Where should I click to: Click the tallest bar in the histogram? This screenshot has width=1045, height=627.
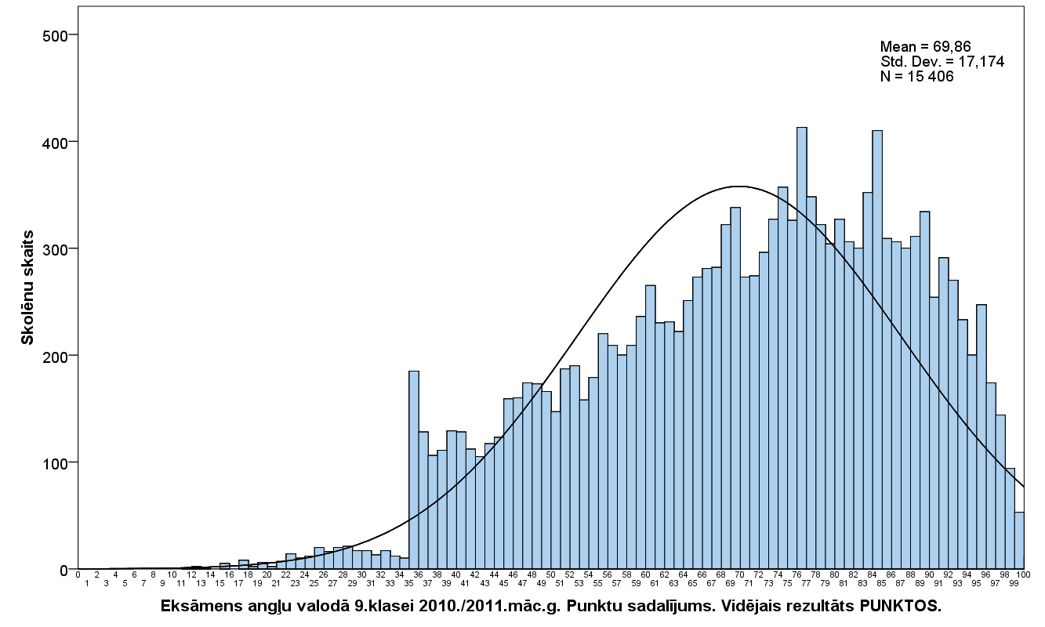pyautogui.click(x=801, y=348)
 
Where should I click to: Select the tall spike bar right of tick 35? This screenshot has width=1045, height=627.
pyautogui.click(x=414, y=470)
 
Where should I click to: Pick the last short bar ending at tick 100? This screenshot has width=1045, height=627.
pyautogui.click(x=1019, y=541)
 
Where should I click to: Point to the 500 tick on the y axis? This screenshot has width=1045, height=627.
pyautogui.click(x=55, y=36)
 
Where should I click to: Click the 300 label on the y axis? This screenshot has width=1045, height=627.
pyautogui.click(x=55, y=248)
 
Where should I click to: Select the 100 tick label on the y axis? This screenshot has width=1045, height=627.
pyautogui.click(x=55, y=462)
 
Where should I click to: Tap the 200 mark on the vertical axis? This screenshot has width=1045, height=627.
pyautogui.click(x=55, y=356)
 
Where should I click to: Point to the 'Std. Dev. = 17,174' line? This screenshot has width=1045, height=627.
pyautogui.click(x=942, y=62)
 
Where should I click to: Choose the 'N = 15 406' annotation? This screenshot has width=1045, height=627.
pyautogui.click(x=916, y=76)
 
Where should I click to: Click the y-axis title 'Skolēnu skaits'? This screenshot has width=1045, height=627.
pyautogui.click(x=27, y=288)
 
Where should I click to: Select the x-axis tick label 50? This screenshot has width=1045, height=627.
pyautogui.click(x=550, y=574)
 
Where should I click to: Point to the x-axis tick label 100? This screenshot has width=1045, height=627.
pyautogui.click(x=1024, y=574)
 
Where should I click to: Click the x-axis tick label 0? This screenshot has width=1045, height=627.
pyautogui.click(x=78, y=574)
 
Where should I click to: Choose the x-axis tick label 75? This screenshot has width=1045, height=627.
pyautogui.click(x=787, y=583)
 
